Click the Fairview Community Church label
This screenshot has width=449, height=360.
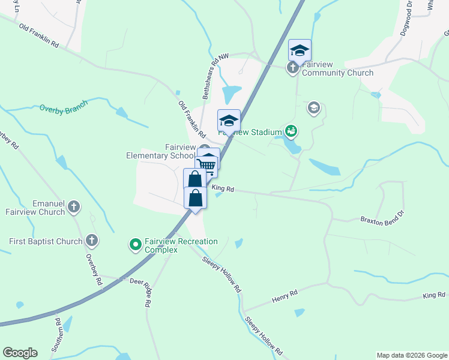point(337,68)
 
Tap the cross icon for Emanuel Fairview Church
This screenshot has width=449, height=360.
point(74,208)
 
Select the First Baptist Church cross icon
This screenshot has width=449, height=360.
point(91,241)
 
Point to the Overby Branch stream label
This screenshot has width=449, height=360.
point(64,106)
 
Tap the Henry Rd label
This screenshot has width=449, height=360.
point(285,295)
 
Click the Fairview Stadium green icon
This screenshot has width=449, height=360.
point(292,130)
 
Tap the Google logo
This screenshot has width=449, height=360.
point(20,353)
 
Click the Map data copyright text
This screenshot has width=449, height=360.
point(411,355)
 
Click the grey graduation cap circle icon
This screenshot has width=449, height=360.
point(313,108)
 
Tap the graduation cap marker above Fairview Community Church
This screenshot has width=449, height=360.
point(299,50)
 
